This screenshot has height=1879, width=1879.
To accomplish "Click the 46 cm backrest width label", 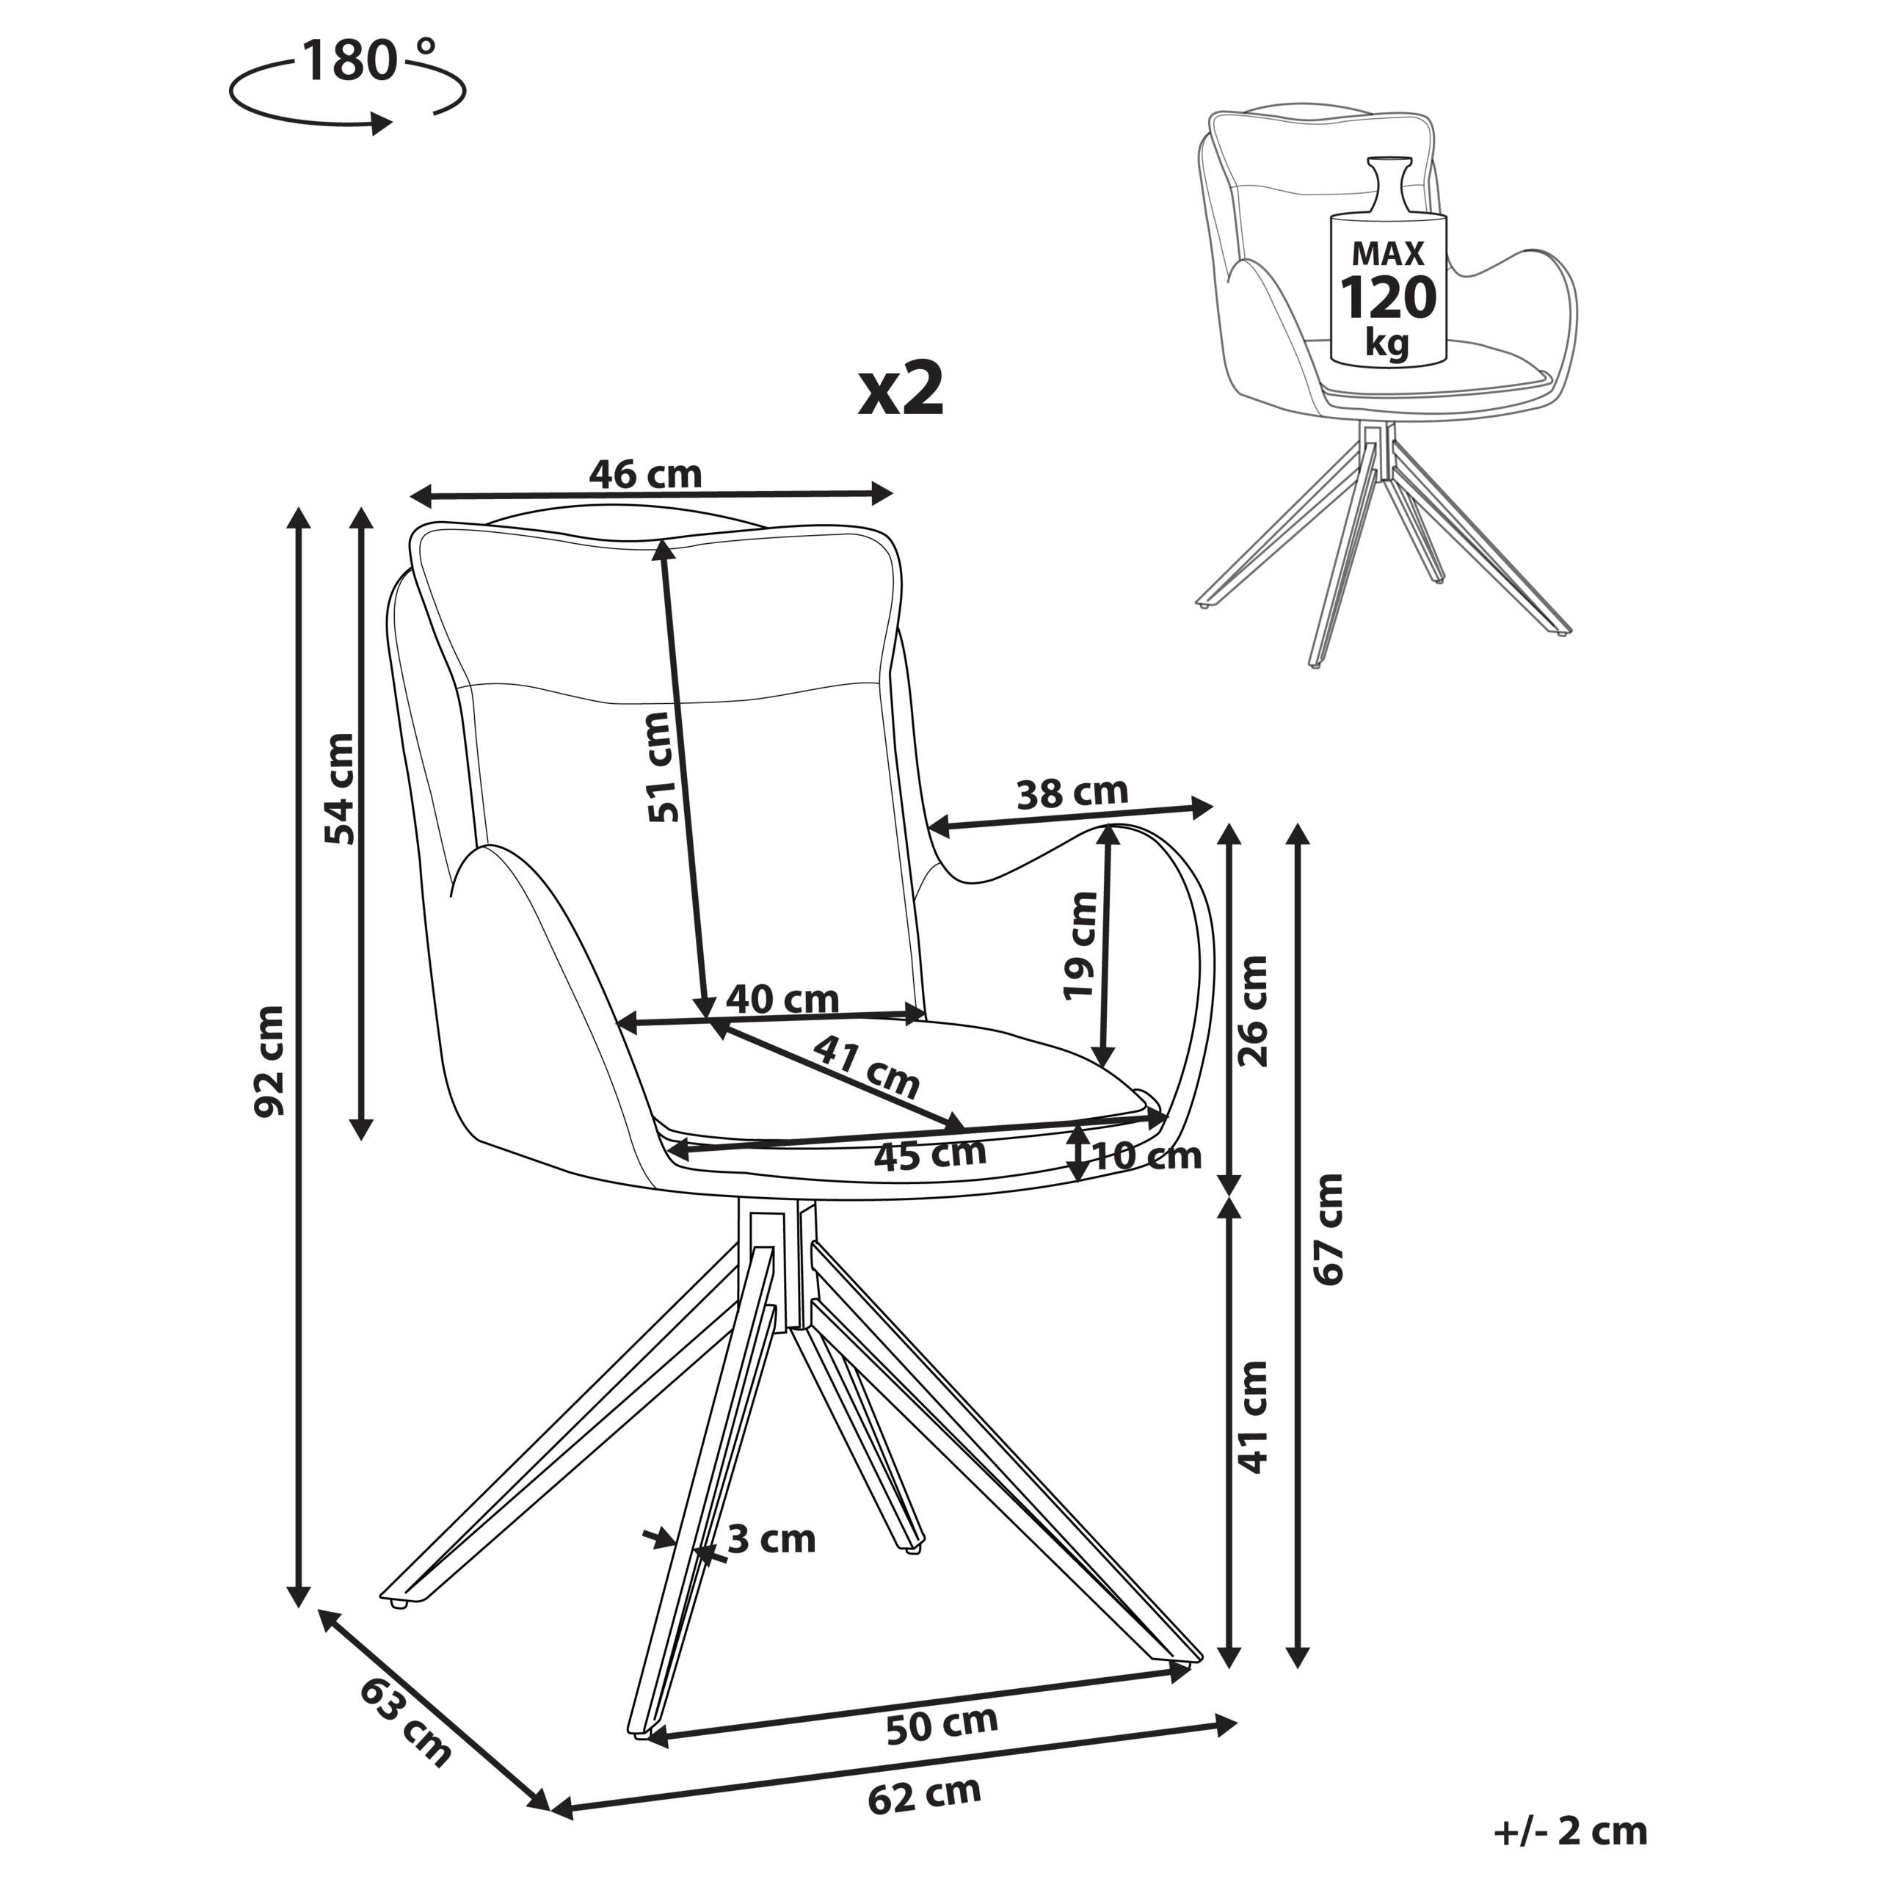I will [x=645, y=475].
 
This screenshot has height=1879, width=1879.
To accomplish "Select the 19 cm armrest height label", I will [x=1080, y=946].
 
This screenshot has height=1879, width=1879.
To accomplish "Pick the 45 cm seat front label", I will [x=928, y=1155].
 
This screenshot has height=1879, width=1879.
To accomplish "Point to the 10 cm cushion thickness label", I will [x=1148, y=1156].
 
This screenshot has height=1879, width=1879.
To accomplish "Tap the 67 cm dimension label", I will [x=1328, y=1229].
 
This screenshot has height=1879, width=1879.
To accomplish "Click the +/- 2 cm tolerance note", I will [x=1571, y=1831].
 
